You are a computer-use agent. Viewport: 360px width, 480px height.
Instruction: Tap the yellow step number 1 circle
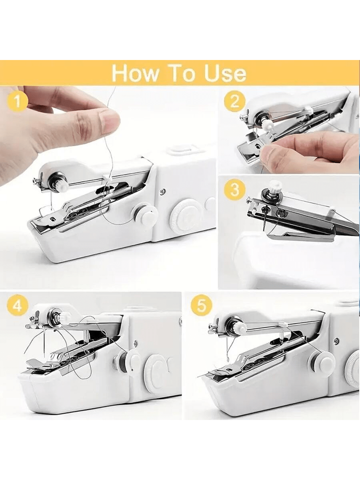18,101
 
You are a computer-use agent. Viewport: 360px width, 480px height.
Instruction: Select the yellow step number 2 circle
235,101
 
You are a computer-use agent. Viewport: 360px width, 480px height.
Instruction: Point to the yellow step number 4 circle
17,306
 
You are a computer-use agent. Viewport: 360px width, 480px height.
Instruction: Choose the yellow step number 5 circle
201,306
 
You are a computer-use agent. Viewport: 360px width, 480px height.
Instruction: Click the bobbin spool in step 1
145,214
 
